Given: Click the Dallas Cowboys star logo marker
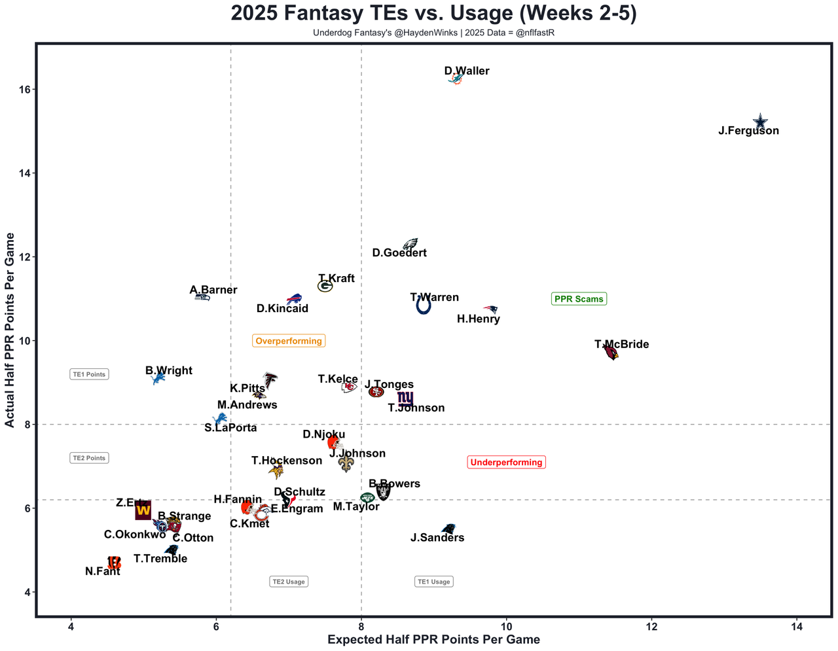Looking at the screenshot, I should tap(759, 122).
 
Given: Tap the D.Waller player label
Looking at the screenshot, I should tap(467, 71).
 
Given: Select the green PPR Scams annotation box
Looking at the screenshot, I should tap(579, 299).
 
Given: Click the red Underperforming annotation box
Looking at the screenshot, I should tap(506, 463).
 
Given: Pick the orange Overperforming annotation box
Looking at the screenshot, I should tap(289, 341).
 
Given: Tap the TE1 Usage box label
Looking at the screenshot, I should tap(433, 582).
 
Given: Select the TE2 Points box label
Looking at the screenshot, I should tap(89, 458).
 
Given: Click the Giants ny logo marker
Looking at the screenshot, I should tap(405, 398).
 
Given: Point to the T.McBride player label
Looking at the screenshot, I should tap(621, 345).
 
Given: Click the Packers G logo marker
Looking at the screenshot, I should tap(325, 286).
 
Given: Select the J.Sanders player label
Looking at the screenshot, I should tap(437, 538).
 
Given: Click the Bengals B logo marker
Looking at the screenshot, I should tap(114, 562).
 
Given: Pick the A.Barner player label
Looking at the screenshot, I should tap(213, 290).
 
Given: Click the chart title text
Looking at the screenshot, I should tap(433, 14).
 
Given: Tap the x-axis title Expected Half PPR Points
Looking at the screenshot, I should tap(433, 639).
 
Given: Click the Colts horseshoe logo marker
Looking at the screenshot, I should tap(424, 306).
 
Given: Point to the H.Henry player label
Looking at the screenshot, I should tap(478, 319).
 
